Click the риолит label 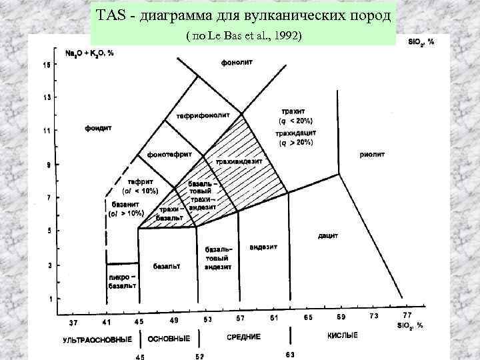[x=372, y=154]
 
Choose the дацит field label [x=327, y=236]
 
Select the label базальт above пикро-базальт [x=167, y=267]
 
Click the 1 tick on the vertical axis [x=49, y=298]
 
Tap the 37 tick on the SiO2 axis [x=73, y=323]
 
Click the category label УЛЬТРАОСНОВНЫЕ [x=97, y=339]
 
